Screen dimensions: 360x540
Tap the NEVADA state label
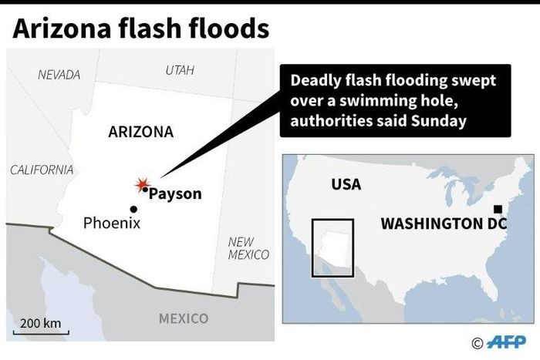(x=59, y=75)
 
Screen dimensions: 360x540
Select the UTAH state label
(x=179, y=70)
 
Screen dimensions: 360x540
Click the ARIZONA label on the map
(x=140, y=132)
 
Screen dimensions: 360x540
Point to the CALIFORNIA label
(x=42, y=170)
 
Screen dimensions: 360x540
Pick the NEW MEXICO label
(x=248, y=248)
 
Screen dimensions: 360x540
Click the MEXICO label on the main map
(x=183, y=318)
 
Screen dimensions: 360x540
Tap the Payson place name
(x=174, y=194)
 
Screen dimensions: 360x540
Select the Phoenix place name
(x=112, y=224)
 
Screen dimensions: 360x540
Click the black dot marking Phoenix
(x=133, y=209)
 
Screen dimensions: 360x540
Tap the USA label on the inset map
(x=346, y=185)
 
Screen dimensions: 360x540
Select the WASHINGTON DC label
(x=444, y=224)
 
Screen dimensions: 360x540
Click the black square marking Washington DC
(x=498, y=209)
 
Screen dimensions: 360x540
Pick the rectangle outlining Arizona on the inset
(x=332, y=247)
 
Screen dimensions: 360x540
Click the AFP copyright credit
(x=501, y=343)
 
